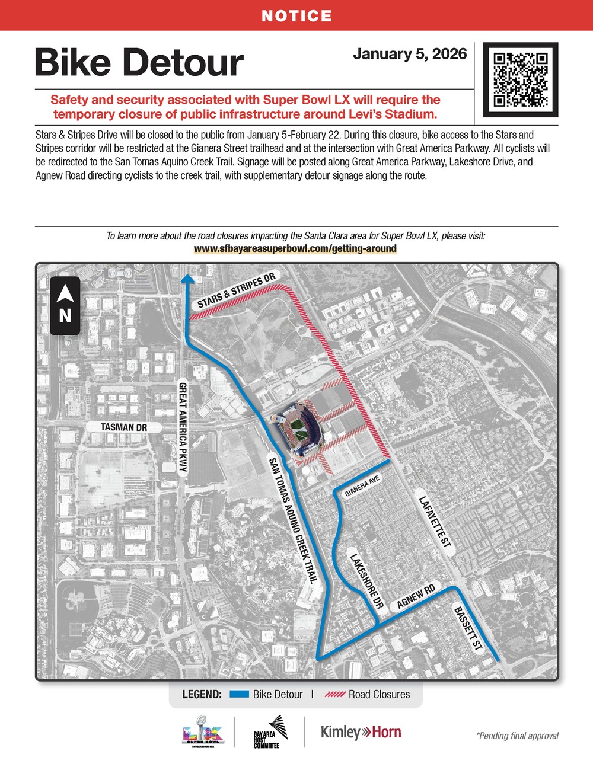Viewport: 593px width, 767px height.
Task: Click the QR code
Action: pos(520,79)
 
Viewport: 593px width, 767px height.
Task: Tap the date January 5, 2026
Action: pos(410,54)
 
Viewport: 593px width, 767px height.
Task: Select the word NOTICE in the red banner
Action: pos(296,15)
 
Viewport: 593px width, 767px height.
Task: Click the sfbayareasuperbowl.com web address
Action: pos(295,248)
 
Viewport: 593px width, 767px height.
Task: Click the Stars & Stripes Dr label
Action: pos(237,290)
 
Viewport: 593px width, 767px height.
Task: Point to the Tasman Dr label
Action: pos(123,427)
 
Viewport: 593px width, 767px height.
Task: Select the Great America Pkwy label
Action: pos(183,427)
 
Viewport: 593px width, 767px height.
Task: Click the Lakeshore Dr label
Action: pos(366,582)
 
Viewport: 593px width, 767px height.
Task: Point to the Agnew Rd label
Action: pos(416,596)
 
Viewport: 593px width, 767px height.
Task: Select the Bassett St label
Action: pos(468,629)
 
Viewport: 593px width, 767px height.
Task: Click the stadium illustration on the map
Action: pos(299,427)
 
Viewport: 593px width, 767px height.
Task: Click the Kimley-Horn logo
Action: pos(361,732)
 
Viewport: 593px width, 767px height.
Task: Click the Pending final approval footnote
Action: pos(517,736)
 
